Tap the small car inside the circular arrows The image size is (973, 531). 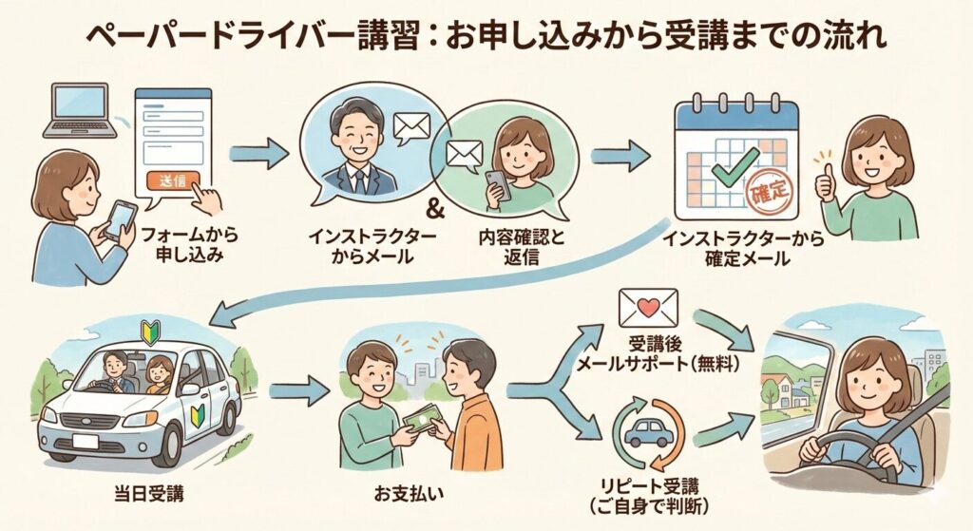point(650,433)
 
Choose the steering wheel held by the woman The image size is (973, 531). point(851,456)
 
